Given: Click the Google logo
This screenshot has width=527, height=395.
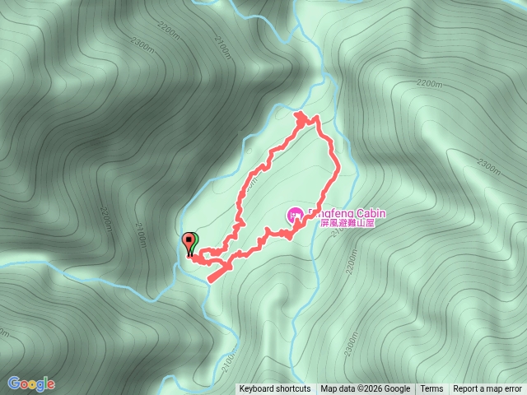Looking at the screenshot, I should [x=31, y=383].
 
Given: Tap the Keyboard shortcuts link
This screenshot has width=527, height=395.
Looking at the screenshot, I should [x=275, y=389].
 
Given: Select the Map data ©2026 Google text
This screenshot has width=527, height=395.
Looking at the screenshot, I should [x=366, y=389].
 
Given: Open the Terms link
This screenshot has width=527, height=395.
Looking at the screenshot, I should [x=431, y=389].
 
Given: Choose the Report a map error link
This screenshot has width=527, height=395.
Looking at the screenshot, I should [x=487, y=389].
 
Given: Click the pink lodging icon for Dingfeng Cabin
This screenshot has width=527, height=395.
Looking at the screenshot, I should [x=294, y=216].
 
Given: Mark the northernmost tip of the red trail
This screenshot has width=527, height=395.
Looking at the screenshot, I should [x=301, y=113].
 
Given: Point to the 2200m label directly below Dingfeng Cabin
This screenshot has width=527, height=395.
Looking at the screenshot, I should [x=352, y=263].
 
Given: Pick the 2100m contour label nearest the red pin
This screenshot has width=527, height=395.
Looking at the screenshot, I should [x=142, y=239].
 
